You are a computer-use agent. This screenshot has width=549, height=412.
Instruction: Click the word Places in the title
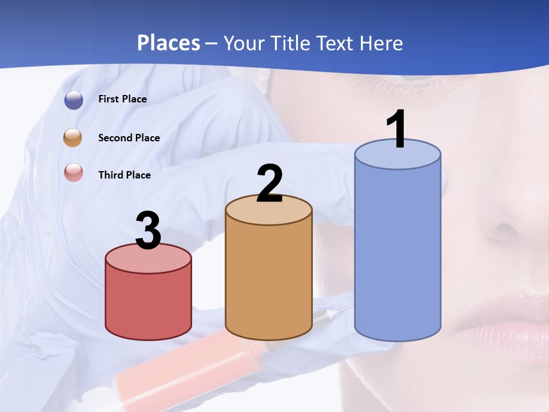tap(168, 43)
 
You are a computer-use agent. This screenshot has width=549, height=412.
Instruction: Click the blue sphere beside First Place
tap(74, 100)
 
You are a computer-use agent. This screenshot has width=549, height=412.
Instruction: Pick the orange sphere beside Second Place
tap(73, 138)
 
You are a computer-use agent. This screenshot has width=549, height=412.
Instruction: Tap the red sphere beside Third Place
tap(74, 173)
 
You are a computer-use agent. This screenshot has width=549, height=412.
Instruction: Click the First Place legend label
tap(122, 99)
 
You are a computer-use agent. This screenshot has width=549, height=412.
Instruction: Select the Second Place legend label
tap(129, 138)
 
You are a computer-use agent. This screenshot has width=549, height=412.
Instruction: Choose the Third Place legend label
tap(124, 175)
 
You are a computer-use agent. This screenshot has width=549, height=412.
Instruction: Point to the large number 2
tap(269, 183)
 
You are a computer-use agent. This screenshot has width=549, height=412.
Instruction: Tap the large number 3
tap(148, 231)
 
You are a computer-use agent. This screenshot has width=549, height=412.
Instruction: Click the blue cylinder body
tap(397, 252)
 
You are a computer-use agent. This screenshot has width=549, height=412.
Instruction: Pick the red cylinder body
tap(148, 303)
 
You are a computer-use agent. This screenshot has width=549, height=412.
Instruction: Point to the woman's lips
tap(515, 320)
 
